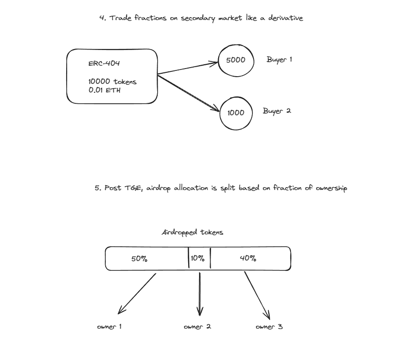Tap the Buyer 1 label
click(x=279, y=60)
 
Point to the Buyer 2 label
click(x=277, y=111)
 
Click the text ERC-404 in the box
click(x=101, y=64)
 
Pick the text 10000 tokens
click(x=112, y=81)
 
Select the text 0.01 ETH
click(x=104, y=90)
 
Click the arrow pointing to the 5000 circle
click(x=188, y=67)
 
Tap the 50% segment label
click(x=139, y=259)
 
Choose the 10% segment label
click(x=197, y=259)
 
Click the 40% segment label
click(x=248, y=259)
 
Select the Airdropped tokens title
click(x=192, y=233)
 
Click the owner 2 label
click(x=197, y=327)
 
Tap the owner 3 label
click(x=269, y=327)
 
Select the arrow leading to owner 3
click(x=257, y=296)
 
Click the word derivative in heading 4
click(x=286, y=18)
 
